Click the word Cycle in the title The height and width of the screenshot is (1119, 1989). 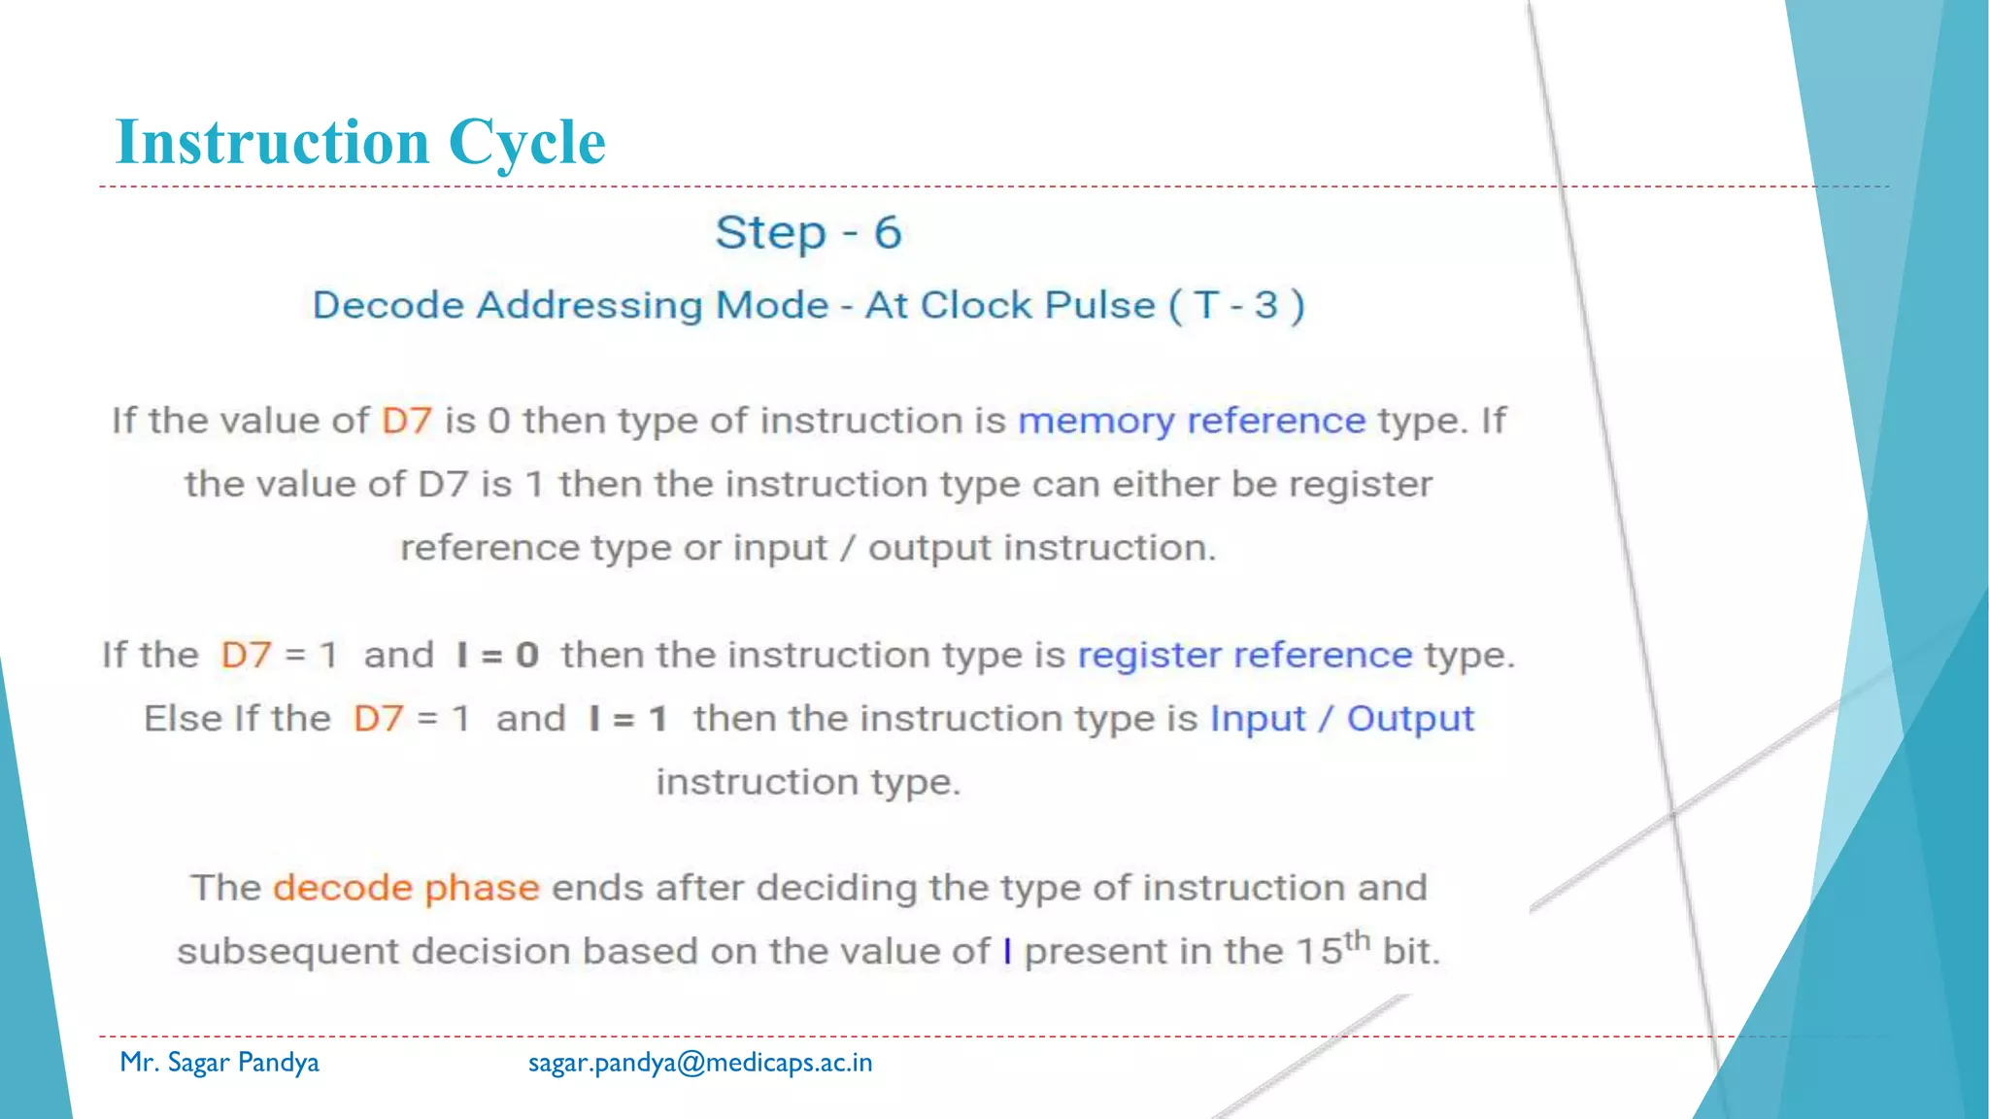[x=527, y=143]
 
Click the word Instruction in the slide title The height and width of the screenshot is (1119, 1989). [x=273, y=143]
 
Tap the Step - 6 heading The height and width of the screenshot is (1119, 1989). [x=808, y=233]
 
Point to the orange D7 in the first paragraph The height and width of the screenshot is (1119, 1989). [x=406, y=421]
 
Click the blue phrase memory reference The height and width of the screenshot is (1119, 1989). [x=1192, y=421]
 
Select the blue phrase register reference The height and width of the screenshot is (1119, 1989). [x=1245, y=655]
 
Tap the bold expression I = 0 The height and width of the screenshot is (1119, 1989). [x=497, y=655]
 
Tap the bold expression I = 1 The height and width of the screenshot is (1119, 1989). [x=628, y=719]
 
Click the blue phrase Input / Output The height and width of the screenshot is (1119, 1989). [x=1341, y=719]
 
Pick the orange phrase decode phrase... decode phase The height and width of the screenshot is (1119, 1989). [x=406, y=888]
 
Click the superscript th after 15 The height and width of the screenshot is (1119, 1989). [x=1357, y=939]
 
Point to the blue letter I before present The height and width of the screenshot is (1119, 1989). [x=1007, y=951]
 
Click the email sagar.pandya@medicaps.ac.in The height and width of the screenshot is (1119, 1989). [x=700, y=1063]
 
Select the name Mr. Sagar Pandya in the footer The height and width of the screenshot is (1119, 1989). [x=219, y=1063]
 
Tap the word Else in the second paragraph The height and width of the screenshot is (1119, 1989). [x=185, y=719]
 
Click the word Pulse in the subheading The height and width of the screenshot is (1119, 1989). [x=1099, y=305]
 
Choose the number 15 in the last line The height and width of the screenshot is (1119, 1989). [x=1319, y=951]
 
